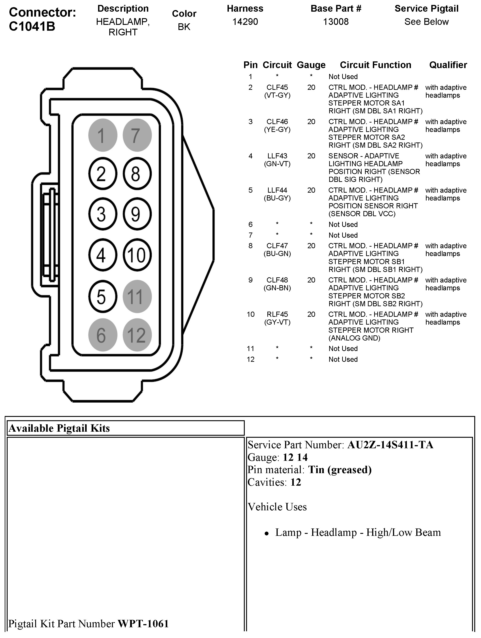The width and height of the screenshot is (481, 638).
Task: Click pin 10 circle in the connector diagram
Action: tap(137, 255)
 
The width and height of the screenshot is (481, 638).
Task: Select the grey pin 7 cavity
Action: tap(137, 135)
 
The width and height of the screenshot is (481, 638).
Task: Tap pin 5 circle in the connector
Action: tap(102, 297)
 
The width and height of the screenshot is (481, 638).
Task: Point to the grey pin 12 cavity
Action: tap(137, 335)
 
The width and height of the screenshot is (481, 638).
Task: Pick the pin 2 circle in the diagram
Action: tap(102, 174)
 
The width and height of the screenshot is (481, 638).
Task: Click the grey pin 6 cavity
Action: tap(102, 335)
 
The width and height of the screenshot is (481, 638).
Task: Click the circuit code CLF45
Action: tap(277, 87)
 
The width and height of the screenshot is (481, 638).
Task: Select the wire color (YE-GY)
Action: tap(277, 129)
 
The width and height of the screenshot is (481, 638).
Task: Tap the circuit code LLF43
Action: tap(277, 156)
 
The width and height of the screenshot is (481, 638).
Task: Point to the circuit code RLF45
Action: tap(277, 314)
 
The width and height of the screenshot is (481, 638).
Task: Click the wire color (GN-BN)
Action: tap(277, 288)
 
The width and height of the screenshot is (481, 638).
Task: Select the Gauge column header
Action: tap(311, 65)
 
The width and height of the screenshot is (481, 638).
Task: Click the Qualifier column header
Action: tap(448, 65)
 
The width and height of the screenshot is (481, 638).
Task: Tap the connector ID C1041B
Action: tap(32, 26)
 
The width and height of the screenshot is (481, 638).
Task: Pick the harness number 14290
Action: tap(245, 22)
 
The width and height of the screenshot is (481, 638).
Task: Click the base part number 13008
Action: tap(336, 22)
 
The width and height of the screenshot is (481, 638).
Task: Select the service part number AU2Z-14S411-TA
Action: tap(390, 445)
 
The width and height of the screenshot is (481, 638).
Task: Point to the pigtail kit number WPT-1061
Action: tap(143, 624)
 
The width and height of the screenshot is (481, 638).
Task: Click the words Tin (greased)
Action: tap(340, 470)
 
